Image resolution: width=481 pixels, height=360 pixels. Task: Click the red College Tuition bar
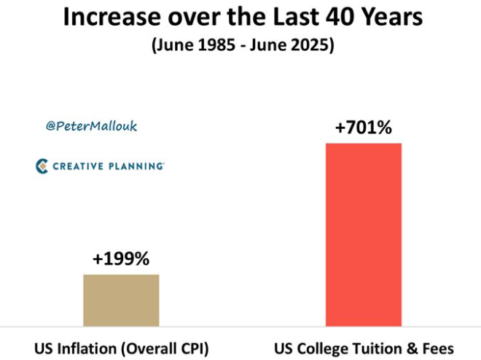click(x=364, y=233)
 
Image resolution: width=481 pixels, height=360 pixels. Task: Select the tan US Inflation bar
click(x=121, y=300)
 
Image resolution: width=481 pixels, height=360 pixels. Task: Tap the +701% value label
click(x=364, y=128)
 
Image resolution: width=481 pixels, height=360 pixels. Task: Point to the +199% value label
click(x=121, y=259)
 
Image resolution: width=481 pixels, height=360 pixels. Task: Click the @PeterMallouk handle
click(x=91, y=126)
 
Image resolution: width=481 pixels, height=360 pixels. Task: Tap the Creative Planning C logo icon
click(x=42, y=167)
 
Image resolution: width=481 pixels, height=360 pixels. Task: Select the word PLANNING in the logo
click(x=135, y=167)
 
